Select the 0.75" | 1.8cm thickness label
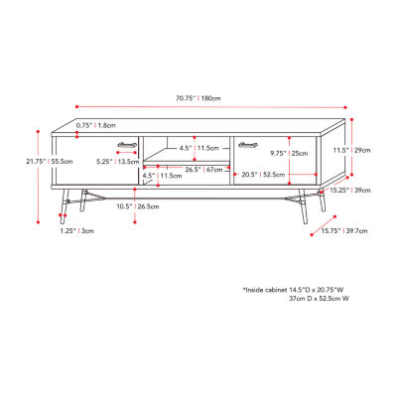point(95,126)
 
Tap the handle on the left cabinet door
point(126,144)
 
